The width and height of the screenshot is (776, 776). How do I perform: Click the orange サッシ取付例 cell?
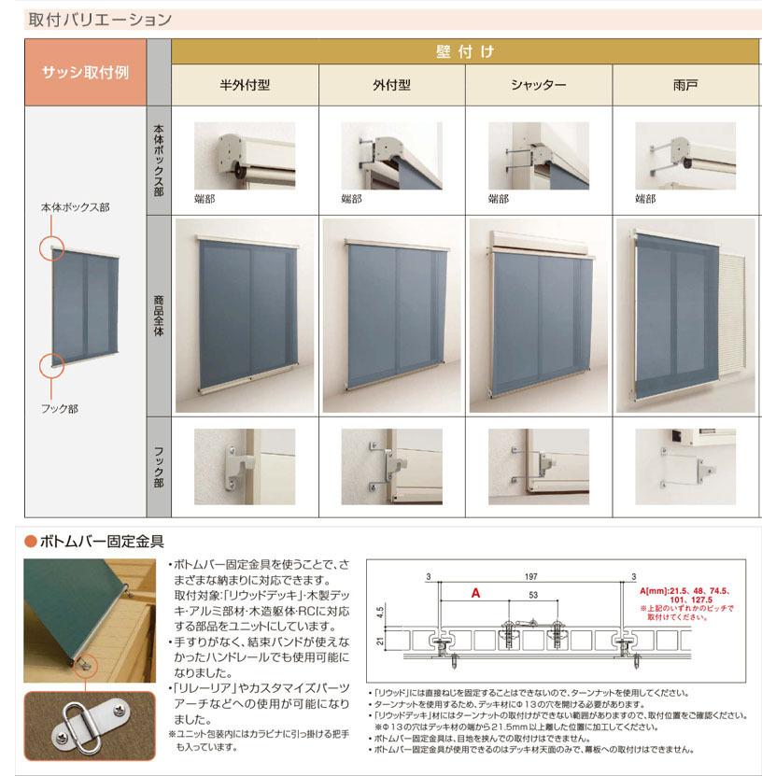click(85, 72)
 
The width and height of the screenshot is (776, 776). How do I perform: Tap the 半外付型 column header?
click(245, 85)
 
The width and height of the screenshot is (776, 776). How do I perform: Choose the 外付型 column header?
click(391, 85)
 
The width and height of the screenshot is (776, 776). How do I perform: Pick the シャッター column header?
click(538, 85)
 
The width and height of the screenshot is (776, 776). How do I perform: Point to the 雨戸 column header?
click(685, 85)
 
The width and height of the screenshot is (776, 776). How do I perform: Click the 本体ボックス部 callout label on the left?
click(75, 207)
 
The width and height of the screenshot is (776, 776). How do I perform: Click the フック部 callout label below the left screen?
click(60, 407)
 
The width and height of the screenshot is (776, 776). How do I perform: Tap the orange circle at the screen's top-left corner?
click(52, 248)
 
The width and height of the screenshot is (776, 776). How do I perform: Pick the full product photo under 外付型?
click(392, 316)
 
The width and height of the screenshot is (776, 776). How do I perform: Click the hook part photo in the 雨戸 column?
click(685, 466)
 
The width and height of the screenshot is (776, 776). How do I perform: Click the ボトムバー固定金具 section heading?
click(100, 540)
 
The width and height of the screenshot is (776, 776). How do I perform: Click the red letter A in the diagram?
click(475, 592)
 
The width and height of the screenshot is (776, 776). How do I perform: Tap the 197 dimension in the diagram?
click(530, 578)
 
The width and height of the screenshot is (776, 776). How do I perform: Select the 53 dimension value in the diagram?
click(532, 595)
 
